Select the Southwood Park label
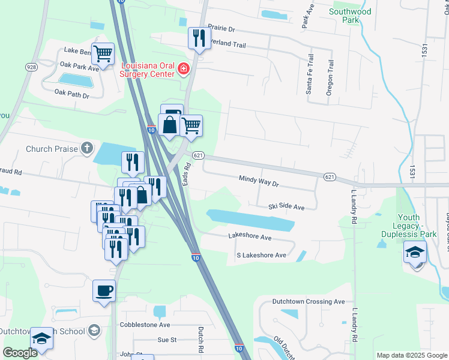click(351, 16)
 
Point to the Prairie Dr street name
click(222, 28)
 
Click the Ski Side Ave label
click(287, 206)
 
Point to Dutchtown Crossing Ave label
click(309, 302)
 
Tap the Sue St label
click(166, 340)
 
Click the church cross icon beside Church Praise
click(87, 148)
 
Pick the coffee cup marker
click(104, 291)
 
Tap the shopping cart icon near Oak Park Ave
click(103, 53)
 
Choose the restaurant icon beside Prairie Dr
click(197, 38)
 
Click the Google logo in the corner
click(20, 353)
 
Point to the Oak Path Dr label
click(71, 95)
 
